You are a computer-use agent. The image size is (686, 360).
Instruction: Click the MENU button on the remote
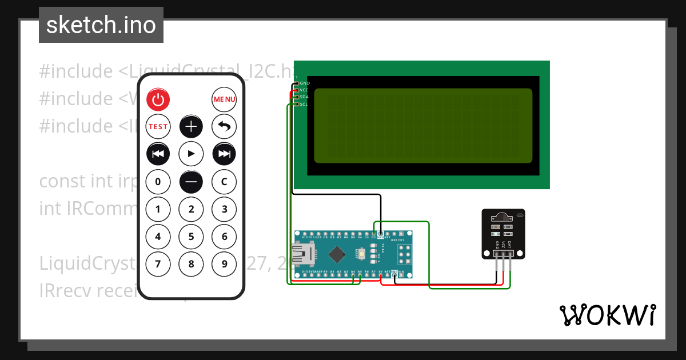(x=224, y=99)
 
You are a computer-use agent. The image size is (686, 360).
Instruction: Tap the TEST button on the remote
(x=158, y=126)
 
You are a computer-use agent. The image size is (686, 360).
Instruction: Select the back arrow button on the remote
(x=224, y=126)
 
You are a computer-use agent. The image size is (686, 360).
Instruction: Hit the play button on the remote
(x=191, y=153)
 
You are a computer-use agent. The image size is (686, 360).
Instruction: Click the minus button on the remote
(x=191, y=182)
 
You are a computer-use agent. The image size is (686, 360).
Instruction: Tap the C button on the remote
(x=224, y=182)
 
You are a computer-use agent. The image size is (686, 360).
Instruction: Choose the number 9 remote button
(x=224, y=263)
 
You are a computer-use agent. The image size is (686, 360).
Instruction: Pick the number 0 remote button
(x=158, y=182)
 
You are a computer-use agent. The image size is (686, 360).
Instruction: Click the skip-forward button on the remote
(x=224, y=153)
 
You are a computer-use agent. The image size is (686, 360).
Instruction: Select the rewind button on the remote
(x=158, y=153)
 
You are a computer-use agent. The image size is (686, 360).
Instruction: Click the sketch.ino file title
(x=101, y=25)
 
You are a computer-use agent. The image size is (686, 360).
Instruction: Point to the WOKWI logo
(x=607, y=315)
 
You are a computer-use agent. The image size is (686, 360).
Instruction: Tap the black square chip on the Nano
(x=337, y=253)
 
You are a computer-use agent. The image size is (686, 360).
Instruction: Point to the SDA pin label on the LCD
(x=304, y=97)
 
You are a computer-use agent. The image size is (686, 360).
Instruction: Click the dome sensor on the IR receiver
(x=502, y=217)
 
